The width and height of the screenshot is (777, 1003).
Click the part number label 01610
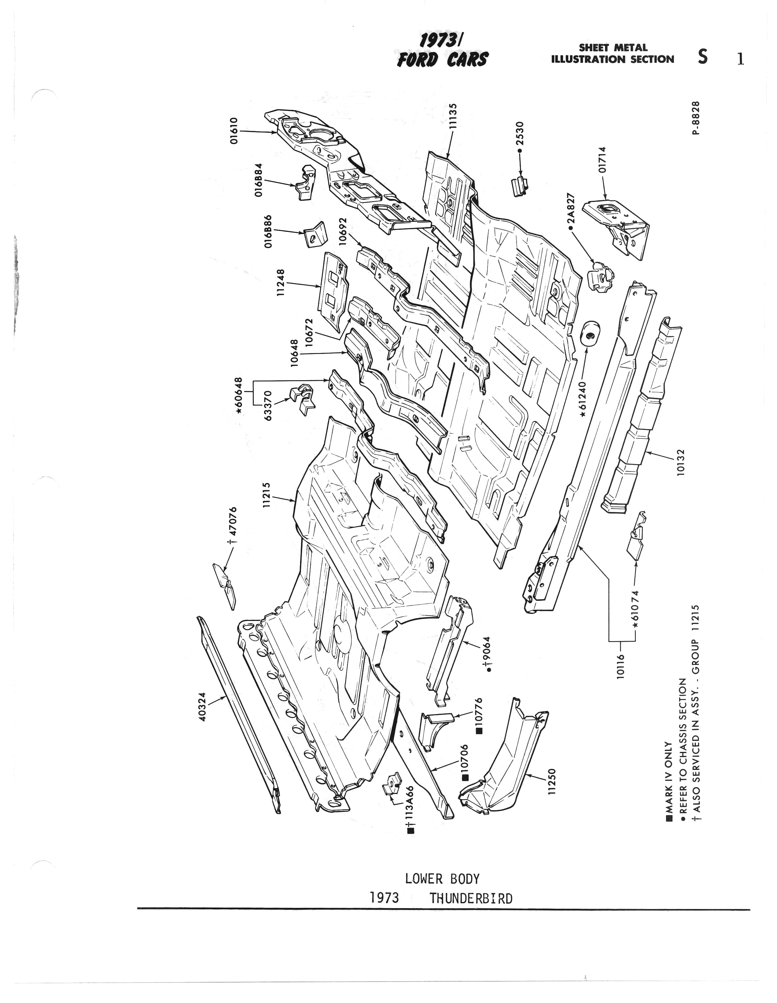[x=234, y=131]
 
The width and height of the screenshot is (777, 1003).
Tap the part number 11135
[x=453, y=116]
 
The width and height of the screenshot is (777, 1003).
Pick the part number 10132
[x=681, y=462]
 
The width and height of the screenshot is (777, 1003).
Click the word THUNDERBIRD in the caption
[x=471, y=899]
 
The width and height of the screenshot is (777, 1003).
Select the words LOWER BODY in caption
[x=442, y=879]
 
